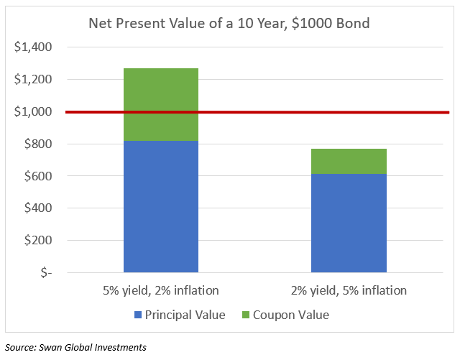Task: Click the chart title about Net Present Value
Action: (229, 23)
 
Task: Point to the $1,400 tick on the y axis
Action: (33, 47)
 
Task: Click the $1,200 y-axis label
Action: (33, 79)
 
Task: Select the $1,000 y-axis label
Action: (33, 111)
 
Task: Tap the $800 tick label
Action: (38, 144)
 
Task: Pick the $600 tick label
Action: (38, 176)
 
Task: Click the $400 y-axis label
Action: (38, 208)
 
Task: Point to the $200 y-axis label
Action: (38, 240)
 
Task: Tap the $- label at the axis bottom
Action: (46, 272)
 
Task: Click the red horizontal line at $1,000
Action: (257, 112)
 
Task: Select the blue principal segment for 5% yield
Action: (161, 206)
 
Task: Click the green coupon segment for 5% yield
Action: (161, 104)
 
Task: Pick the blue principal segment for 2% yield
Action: (349, 223)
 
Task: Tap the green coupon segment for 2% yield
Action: (349, 162)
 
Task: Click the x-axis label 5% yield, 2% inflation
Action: (161, 290)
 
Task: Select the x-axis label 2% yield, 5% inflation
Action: (349, 290)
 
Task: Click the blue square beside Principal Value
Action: (138, 315)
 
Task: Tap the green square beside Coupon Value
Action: (246, 315)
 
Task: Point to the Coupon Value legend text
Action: (291, 315)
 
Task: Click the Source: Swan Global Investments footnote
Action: (75, 347)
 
